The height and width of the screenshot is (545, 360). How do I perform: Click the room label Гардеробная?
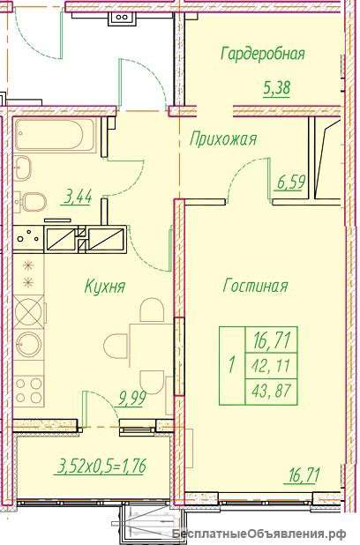click(263, 55)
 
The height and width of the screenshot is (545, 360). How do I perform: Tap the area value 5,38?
click(276, 88)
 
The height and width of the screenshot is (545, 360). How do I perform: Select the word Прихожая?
click(223, 139)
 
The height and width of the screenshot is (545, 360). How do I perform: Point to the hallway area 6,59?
click(291, 183)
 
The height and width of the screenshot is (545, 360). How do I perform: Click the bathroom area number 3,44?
click(78, 198)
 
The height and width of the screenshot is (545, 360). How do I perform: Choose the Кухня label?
click(105, 287)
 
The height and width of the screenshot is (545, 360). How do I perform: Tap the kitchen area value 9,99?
click(131, 398)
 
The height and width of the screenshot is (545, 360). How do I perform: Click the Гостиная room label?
click(255, 287)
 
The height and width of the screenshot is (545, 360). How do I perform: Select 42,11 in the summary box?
click(272, 366)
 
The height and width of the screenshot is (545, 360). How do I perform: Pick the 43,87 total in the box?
click(273, 392)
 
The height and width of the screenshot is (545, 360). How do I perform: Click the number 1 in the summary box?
click(231, 366)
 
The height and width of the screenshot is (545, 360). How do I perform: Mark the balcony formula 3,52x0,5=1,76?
click(102, 466)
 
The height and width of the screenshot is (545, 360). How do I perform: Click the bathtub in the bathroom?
click(55, 135)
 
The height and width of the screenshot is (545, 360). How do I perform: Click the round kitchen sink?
click(29, 345)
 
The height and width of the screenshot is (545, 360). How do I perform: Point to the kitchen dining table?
click(151, 346)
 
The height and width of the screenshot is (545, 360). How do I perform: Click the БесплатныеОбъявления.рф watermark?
click(259, 534)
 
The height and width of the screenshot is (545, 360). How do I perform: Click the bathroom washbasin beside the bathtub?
click(23, 168)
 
